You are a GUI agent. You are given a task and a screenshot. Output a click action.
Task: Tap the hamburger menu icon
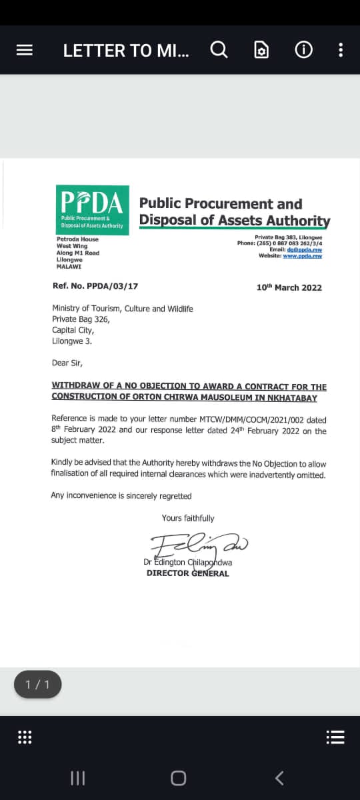[25, 50]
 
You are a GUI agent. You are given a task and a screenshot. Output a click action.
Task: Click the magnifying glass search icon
[219, 49]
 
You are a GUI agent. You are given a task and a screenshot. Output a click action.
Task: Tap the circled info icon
[303, 50]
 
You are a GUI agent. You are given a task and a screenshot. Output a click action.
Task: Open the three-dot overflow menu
[341, 50]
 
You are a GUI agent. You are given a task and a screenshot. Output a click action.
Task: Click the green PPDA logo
[93, 209]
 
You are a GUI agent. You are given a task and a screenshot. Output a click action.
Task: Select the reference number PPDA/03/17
[95, 286]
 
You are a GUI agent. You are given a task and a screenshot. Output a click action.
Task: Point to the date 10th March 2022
[289, 287]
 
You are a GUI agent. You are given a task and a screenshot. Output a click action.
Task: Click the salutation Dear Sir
[67, 363]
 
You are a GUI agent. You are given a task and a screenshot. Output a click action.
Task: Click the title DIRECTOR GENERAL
[187, 573]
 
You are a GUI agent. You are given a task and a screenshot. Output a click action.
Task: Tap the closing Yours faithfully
[188, 518]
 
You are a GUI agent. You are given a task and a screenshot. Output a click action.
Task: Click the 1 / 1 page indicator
[37, 685]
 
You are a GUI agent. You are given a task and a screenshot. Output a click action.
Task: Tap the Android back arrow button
[279, 777]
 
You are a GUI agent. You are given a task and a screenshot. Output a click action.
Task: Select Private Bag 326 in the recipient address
[81, 319]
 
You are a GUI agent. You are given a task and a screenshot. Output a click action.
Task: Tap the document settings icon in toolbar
[262, 50]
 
